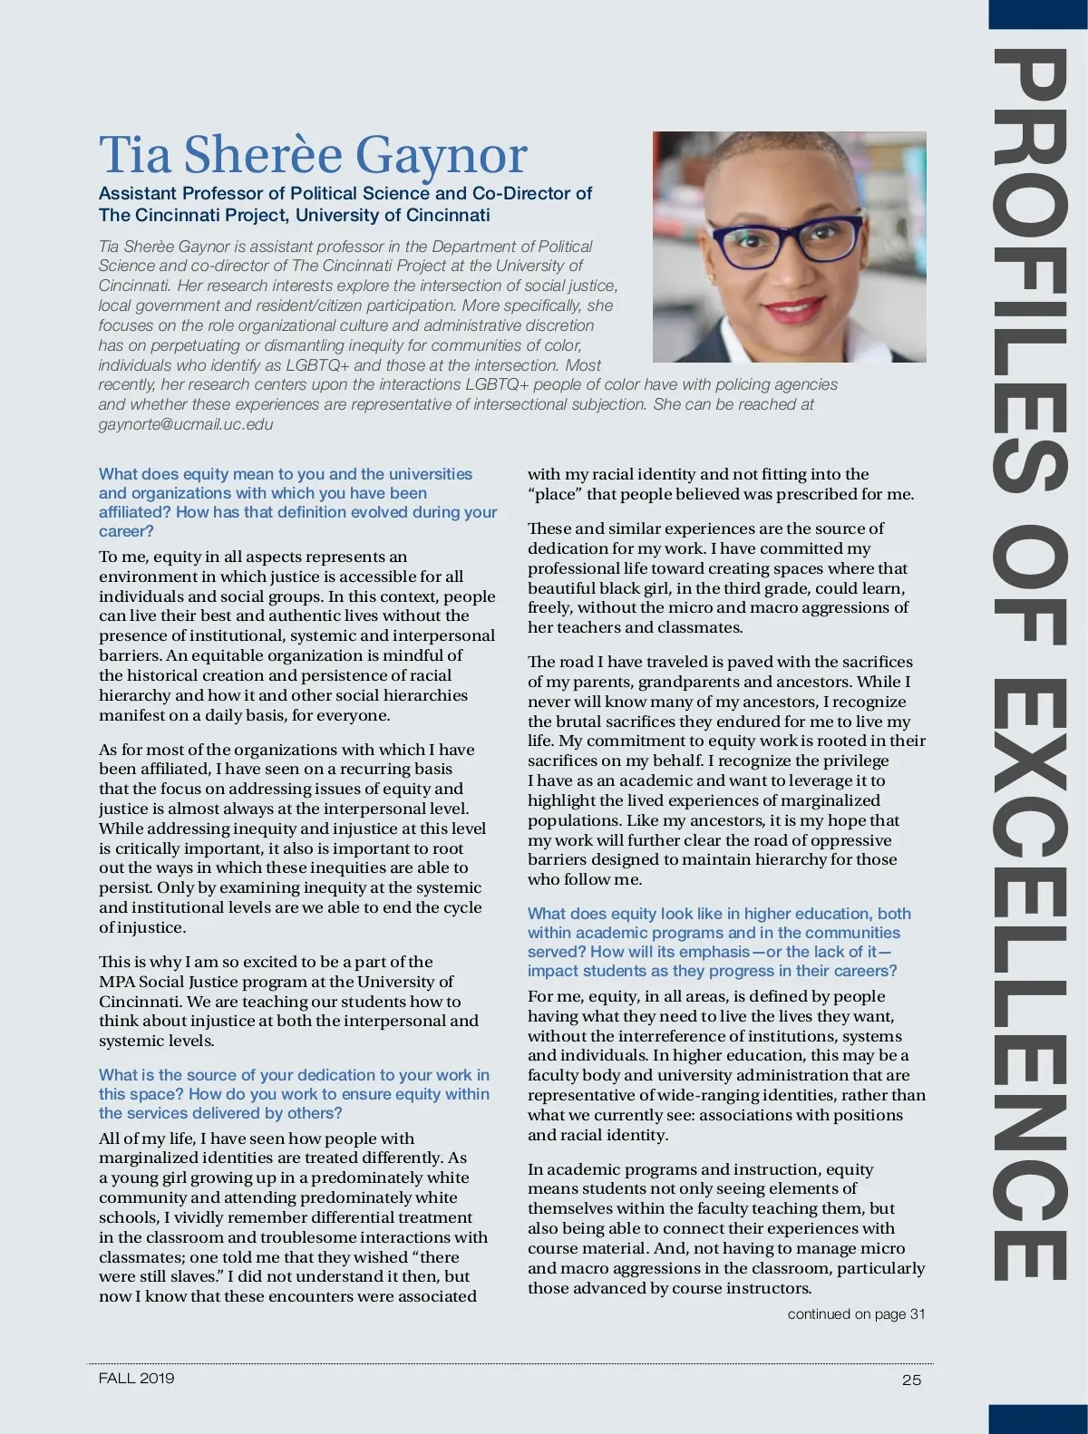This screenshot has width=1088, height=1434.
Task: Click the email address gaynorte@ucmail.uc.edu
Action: pos(186,424)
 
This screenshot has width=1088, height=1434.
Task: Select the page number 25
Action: pos(911,1380)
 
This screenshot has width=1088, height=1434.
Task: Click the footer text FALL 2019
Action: pos(137,1378)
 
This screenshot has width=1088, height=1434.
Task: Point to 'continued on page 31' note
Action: pos(856,1313)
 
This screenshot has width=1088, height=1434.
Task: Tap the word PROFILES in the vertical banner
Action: pos(1028,272)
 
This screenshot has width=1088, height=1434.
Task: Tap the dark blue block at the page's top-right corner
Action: pos(1037,13)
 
